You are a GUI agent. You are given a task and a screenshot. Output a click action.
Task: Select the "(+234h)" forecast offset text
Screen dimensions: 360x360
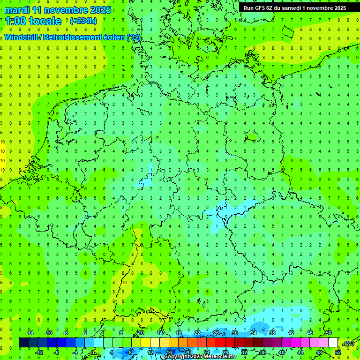[x=83, y=21]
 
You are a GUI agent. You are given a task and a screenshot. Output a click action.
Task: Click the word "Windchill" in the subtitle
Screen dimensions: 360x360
[x=22, y=37]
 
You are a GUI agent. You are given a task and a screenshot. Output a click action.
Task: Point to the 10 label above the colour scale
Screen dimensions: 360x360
[x=141, y=333]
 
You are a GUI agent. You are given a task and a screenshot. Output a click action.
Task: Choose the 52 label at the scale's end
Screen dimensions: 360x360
[x=338, y=352]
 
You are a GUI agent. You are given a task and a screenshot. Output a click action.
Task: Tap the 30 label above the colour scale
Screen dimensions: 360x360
[x=234, y=333]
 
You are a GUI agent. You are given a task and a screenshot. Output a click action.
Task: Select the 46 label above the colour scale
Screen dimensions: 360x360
[x=309, y=333]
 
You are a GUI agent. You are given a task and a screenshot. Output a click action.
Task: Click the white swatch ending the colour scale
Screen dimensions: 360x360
[x=333, y=343]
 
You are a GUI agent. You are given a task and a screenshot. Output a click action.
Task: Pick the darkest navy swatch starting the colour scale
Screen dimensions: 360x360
[x=23, y=343]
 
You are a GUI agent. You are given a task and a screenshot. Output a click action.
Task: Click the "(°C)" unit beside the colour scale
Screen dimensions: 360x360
[x=349, y=344]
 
